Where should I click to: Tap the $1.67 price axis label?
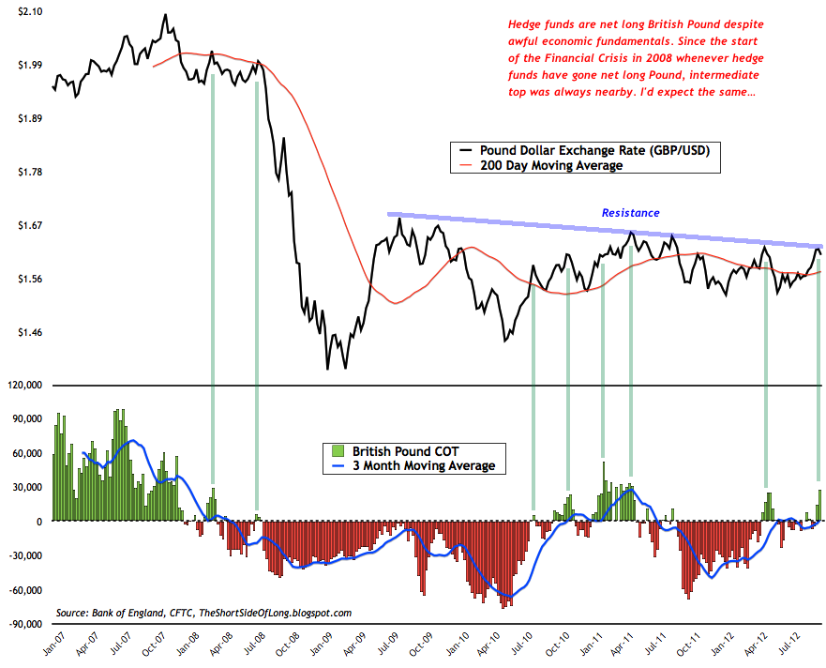(x=28, y=226)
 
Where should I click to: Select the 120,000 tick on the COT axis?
(x=25, y=385)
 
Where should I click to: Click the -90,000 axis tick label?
(x=25, y=624)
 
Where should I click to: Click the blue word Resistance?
(x=630, y=213)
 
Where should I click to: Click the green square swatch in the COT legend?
(x=329, y=449)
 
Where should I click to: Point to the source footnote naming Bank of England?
(x=203, y=613)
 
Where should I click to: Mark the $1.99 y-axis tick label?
(x=28, y=65)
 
